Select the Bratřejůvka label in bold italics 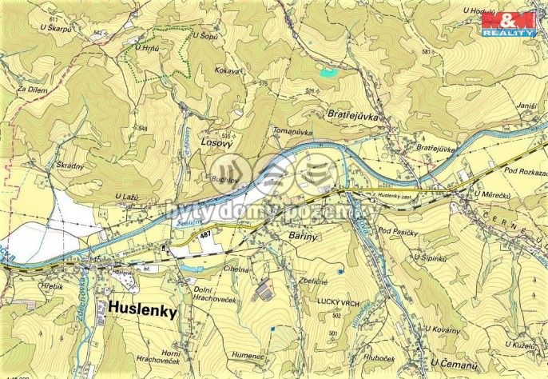point(357,115)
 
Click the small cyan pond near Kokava point(328,72)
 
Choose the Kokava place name point(227,70)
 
